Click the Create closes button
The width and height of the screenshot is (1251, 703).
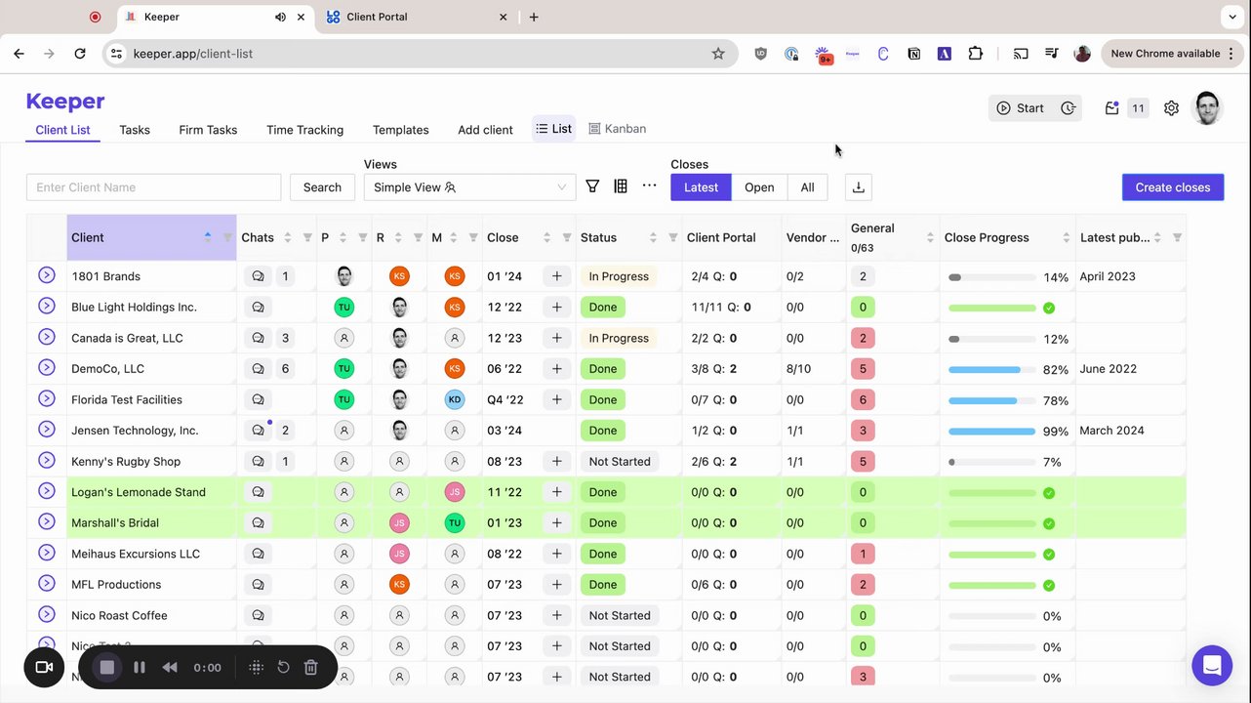tap(1172, 187)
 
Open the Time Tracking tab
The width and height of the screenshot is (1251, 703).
tap(304, 130)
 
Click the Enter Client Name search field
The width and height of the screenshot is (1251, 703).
tap(153, 187)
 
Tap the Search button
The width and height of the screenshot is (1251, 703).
tap(322, 187)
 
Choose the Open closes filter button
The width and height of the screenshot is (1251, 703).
tap(759, 187)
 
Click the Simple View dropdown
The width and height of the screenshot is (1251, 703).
tap(469, 187)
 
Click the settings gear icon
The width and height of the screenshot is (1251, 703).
tap(1171, 108)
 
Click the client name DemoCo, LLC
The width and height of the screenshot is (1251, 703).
tap(107, 369)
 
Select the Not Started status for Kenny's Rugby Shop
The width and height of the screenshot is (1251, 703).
tap(619, 462)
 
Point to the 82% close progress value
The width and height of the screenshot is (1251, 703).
tap(1055, 370)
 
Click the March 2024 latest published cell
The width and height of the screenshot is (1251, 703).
tap(1112, 431)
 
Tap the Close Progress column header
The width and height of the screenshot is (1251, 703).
tap(987, 237)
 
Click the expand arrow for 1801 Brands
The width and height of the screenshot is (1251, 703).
tap(46, 275)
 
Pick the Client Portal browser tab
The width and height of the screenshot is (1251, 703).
tap(377, 17)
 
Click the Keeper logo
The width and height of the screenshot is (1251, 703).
tap(65, 102)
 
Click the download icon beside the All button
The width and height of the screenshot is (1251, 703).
tap(858, 187)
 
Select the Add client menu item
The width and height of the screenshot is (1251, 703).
tap(485, 130)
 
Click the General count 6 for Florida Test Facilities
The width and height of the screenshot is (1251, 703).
tap(862, 399)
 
